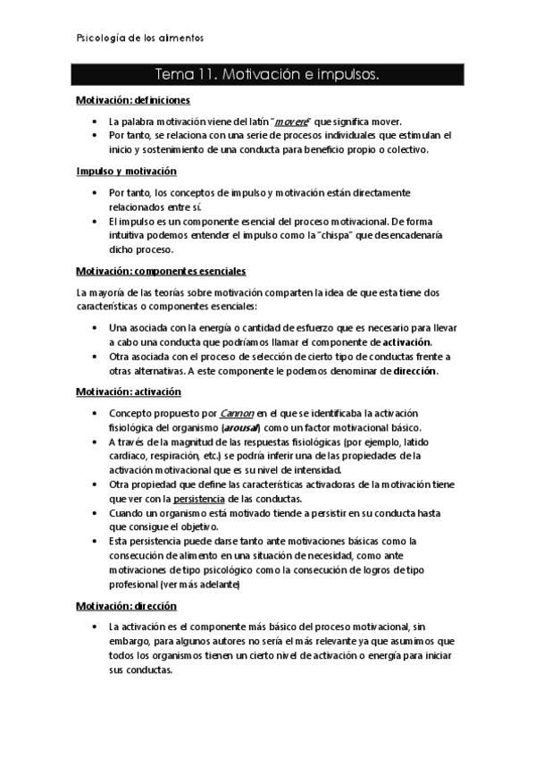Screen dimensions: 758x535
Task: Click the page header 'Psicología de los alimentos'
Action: pos(137,38)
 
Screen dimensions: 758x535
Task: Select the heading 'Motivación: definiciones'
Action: pos(132,101)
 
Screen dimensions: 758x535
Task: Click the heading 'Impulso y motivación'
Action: pos(126,171)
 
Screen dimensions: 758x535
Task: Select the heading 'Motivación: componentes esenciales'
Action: pos(161,270)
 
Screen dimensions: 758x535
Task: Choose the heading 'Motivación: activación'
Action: pos(129,392)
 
